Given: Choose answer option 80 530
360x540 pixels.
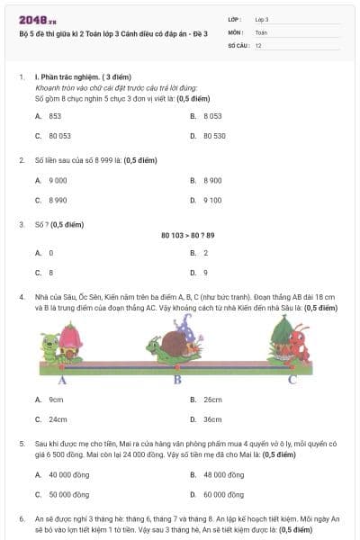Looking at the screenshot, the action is [x=214, y=135].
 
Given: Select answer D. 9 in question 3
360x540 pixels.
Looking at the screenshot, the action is [x=205, y=272].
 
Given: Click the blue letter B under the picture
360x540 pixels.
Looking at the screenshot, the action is [x=177, y=379].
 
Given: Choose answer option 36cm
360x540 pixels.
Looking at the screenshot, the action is [x=212, y=419].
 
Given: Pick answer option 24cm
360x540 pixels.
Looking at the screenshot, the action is [x=58, y=419].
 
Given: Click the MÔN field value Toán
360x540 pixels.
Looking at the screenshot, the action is [x=261, y=31].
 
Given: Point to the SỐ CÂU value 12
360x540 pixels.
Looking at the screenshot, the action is [x=258, y=45].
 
